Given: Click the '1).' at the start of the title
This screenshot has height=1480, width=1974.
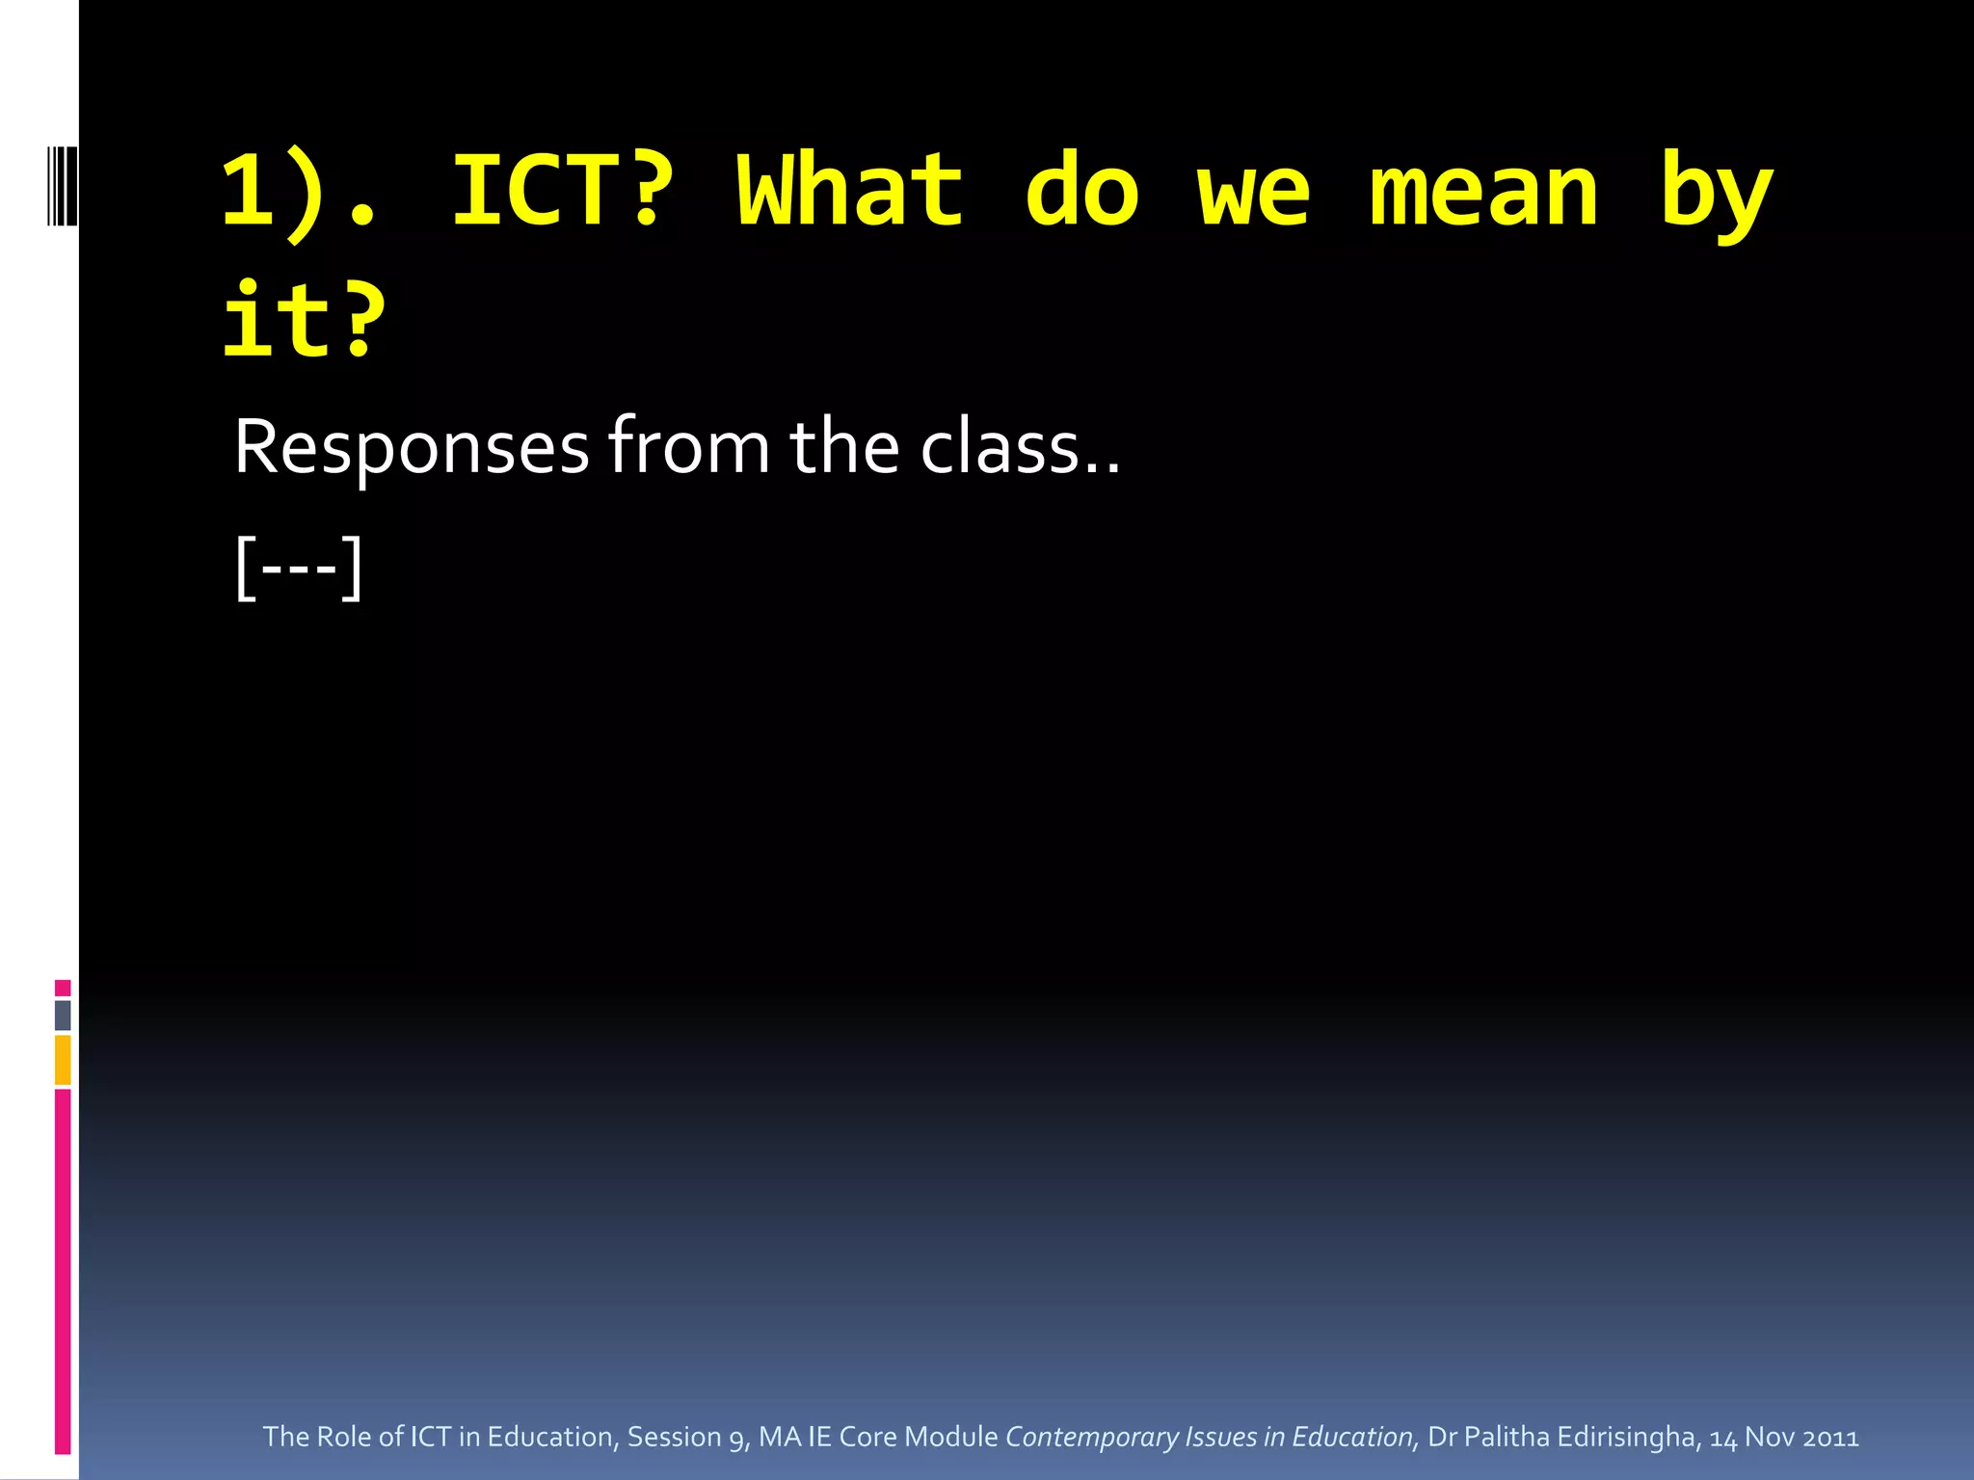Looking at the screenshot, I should click(x=299, y=193).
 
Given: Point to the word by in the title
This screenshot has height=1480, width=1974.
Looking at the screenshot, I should click(x=1716, y=198).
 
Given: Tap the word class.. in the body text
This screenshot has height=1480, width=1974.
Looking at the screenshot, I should click(x=1020, y=448).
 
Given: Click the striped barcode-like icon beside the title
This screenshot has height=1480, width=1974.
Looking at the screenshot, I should click(x=62, y=185).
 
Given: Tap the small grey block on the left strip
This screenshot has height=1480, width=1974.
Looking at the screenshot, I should click(x=63, y=1015).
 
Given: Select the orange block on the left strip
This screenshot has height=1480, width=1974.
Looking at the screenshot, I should click(x=63, y=1059).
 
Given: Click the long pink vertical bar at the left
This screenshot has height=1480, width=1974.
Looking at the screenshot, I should click(x=63, y=1272).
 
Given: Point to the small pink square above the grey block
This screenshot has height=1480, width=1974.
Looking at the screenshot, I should click(x=63, y=988).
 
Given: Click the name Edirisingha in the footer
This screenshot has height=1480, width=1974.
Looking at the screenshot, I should click(x=1626, y=1437).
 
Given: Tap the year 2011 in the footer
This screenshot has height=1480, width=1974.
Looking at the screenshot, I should click(x=1830, y=1437).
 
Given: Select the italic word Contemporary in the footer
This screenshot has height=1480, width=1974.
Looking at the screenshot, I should click(x=1091, y=1437).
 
